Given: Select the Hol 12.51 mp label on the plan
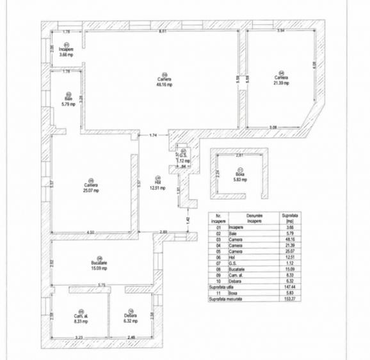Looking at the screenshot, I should (x=157, y=185).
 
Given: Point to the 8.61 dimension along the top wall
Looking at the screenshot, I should (x=163, y=31).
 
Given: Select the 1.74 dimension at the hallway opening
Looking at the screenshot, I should (x=153, y=136).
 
